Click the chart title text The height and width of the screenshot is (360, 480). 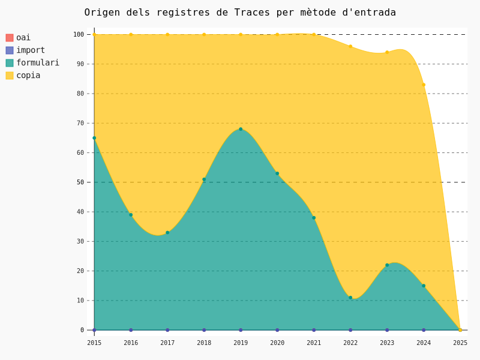point(240,13)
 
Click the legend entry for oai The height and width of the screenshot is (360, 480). point(23,38)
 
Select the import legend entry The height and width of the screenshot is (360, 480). point(30,50)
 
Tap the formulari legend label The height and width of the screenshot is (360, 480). point(37,63)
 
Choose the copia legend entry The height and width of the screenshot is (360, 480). point(28,76)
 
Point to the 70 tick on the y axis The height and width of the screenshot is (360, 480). point(80,123)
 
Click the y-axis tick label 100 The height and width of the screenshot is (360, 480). point(79,34)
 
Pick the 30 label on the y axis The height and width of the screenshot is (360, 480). point(80,241)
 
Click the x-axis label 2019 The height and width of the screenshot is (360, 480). point(241,343)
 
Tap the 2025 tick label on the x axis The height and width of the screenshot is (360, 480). point(460,343)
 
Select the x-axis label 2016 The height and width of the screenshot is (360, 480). point(131,343)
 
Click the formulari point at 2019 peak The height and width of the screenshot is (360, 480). point(241,129)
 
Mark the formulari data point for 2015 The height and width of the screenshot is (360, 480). point(94,138)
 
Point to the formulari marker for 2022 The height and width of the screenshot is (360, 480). point(350,298)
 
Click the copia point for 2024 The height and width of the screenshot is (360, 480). point(424,85)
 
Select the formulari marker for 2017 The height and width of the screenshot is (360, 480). point(167,233)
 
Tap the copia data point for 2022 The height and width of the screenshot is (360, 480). point(350,46)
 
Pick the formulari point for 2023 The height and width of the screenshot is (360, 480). point(387,265)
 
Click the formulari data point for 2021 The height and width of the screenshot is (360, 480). point(314,218)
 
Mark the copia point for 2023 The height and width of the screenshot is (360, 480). point(387,52)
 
